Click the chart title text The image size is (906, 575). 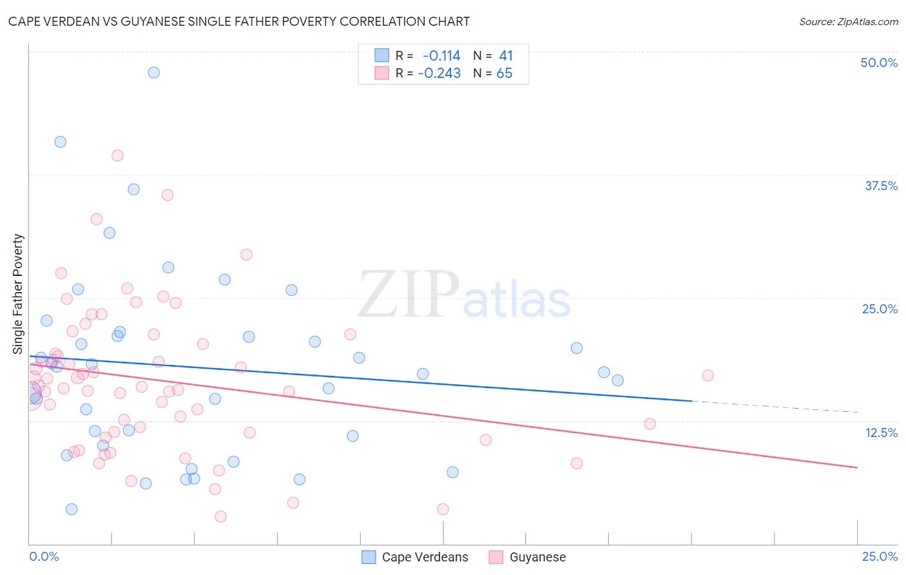238,21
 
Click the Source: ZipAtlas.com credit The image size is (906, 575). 848,21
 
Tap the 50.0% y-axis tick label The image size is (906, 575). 879,63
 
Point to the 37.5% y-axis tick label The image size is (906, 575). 881,186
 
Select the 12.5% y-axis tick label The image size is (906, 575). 881,433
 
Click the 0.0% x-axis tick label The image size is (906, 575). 44,556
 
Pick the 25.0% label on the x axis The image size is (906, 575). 880,556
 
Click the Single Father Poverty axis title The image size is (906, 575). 18,293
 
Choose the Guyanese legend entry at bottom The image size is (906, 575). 537,557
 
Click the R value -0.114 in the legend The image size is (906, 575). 441,56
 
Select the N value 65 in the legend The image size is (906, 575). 504,73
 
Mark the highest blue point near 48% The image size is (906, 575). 153,72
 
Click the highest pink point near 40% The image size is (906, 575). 117,155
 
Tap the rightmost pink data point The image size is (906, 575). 708,375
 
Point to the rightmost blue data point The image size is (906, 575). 617,380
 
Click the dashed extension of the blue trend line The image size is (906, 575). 773,406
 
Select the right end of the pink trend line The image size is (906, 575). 856,467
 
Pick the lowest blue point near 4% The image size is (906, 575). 72,509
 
